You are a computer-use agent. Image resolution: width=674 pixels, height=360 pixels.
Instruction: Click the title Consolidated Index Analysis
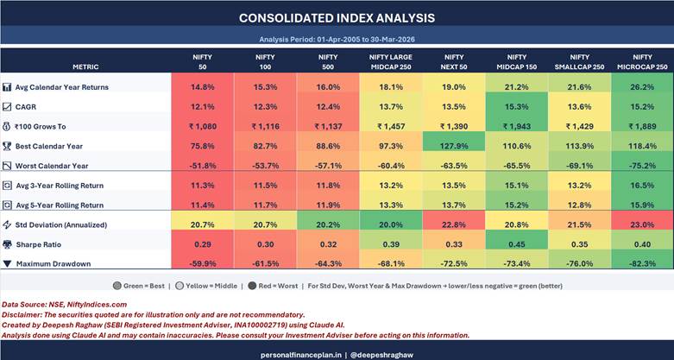coord(337,17)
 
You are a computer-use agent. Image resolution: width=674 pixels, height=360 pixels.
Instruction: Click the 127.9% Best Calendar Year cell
coord(454,145)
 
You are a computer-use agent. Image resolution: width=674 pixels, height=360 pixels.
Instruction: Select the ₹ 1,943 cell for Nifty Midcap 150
coord(516,126)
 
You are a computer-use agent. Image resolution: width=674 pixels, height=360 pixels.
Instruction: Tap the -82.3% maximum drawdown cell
coord(641,263)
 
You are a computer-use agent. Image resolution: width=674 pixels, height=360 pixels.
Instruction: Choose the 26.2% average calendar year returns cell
coord(641,87)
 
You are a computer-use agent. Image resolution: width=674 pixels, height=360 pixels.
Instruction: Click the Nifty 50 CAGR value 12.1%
coord(202,107)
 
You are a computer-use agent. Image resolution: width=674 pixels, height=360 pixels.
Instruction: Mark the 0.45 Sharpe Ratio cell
coord(516,244)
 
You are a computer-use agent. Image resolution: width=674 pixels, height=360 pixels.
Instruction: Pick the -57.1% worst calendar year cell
coord(326,165)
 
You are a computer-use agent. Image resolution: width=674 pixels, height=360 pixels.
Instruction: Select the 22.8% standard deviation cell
coord(454,225)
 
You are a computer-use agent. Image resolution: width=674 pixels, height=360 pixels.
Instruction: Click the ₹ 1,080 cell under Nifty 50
coord(202,126)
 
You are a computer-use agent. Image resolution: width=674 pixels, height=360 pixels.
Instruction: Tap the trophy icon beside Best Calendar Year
coord(7,146)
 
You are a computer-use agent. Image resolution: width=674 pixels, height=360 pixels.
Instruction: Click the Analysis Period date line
coord(337,40)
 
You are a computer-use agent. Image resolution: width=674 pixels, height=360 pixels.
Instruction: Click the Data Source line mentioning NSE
coord(64,305)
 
